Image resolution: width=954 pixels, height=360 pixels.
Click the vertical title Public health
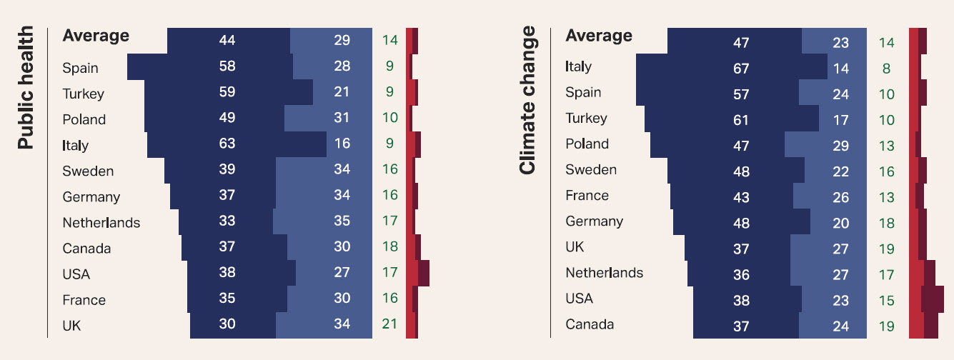[25, 88]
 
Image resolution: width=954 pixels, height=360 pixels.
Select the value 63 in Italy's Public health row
[227, 144]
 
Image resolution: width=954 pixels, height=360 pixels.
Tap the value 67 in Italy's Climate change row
[741, 69]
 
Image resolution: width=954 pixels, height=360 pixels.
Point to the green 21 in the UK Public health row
[389, 324]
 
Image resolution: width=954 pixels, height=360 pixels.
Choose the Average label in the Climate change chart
[599, 36]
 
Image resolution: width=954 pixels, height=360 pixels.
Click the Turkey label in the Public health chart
[83, 94]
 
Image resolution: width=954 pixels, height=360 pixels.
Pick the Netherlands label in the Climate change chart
[604, 273]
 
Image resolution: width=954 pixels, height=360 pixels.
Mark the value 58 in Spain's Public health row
[227, 66]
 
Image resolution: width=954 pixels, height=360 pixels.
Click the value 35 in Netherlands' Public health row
[342, 221]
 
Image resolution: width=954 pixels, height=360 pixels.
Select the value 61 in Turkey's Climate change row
[741, 120]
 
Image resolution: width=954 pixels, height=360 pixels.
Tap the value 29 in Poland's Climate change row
[841, 146]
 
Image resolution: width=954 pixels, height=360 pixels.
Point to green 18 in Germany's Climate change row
[886, 223]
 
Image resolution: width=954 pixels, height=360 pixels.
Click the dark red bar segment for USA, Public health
[424, 273]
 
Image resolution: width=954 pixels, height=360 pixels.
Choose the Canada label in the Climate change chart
[590, 324]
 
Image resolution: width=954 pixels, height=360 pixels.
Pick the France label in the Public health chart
[84, 300]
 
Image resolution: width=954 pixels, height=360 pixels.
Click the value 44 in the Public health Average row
[227, 41]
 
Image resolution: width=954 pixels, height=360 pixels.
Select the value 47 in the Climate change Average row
[741, 43]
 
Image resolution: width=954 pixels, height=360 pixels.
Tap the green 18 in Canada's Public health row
[389, 246]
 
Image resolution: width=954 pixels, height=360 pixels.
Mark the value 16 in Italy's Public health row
[342, 144]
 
